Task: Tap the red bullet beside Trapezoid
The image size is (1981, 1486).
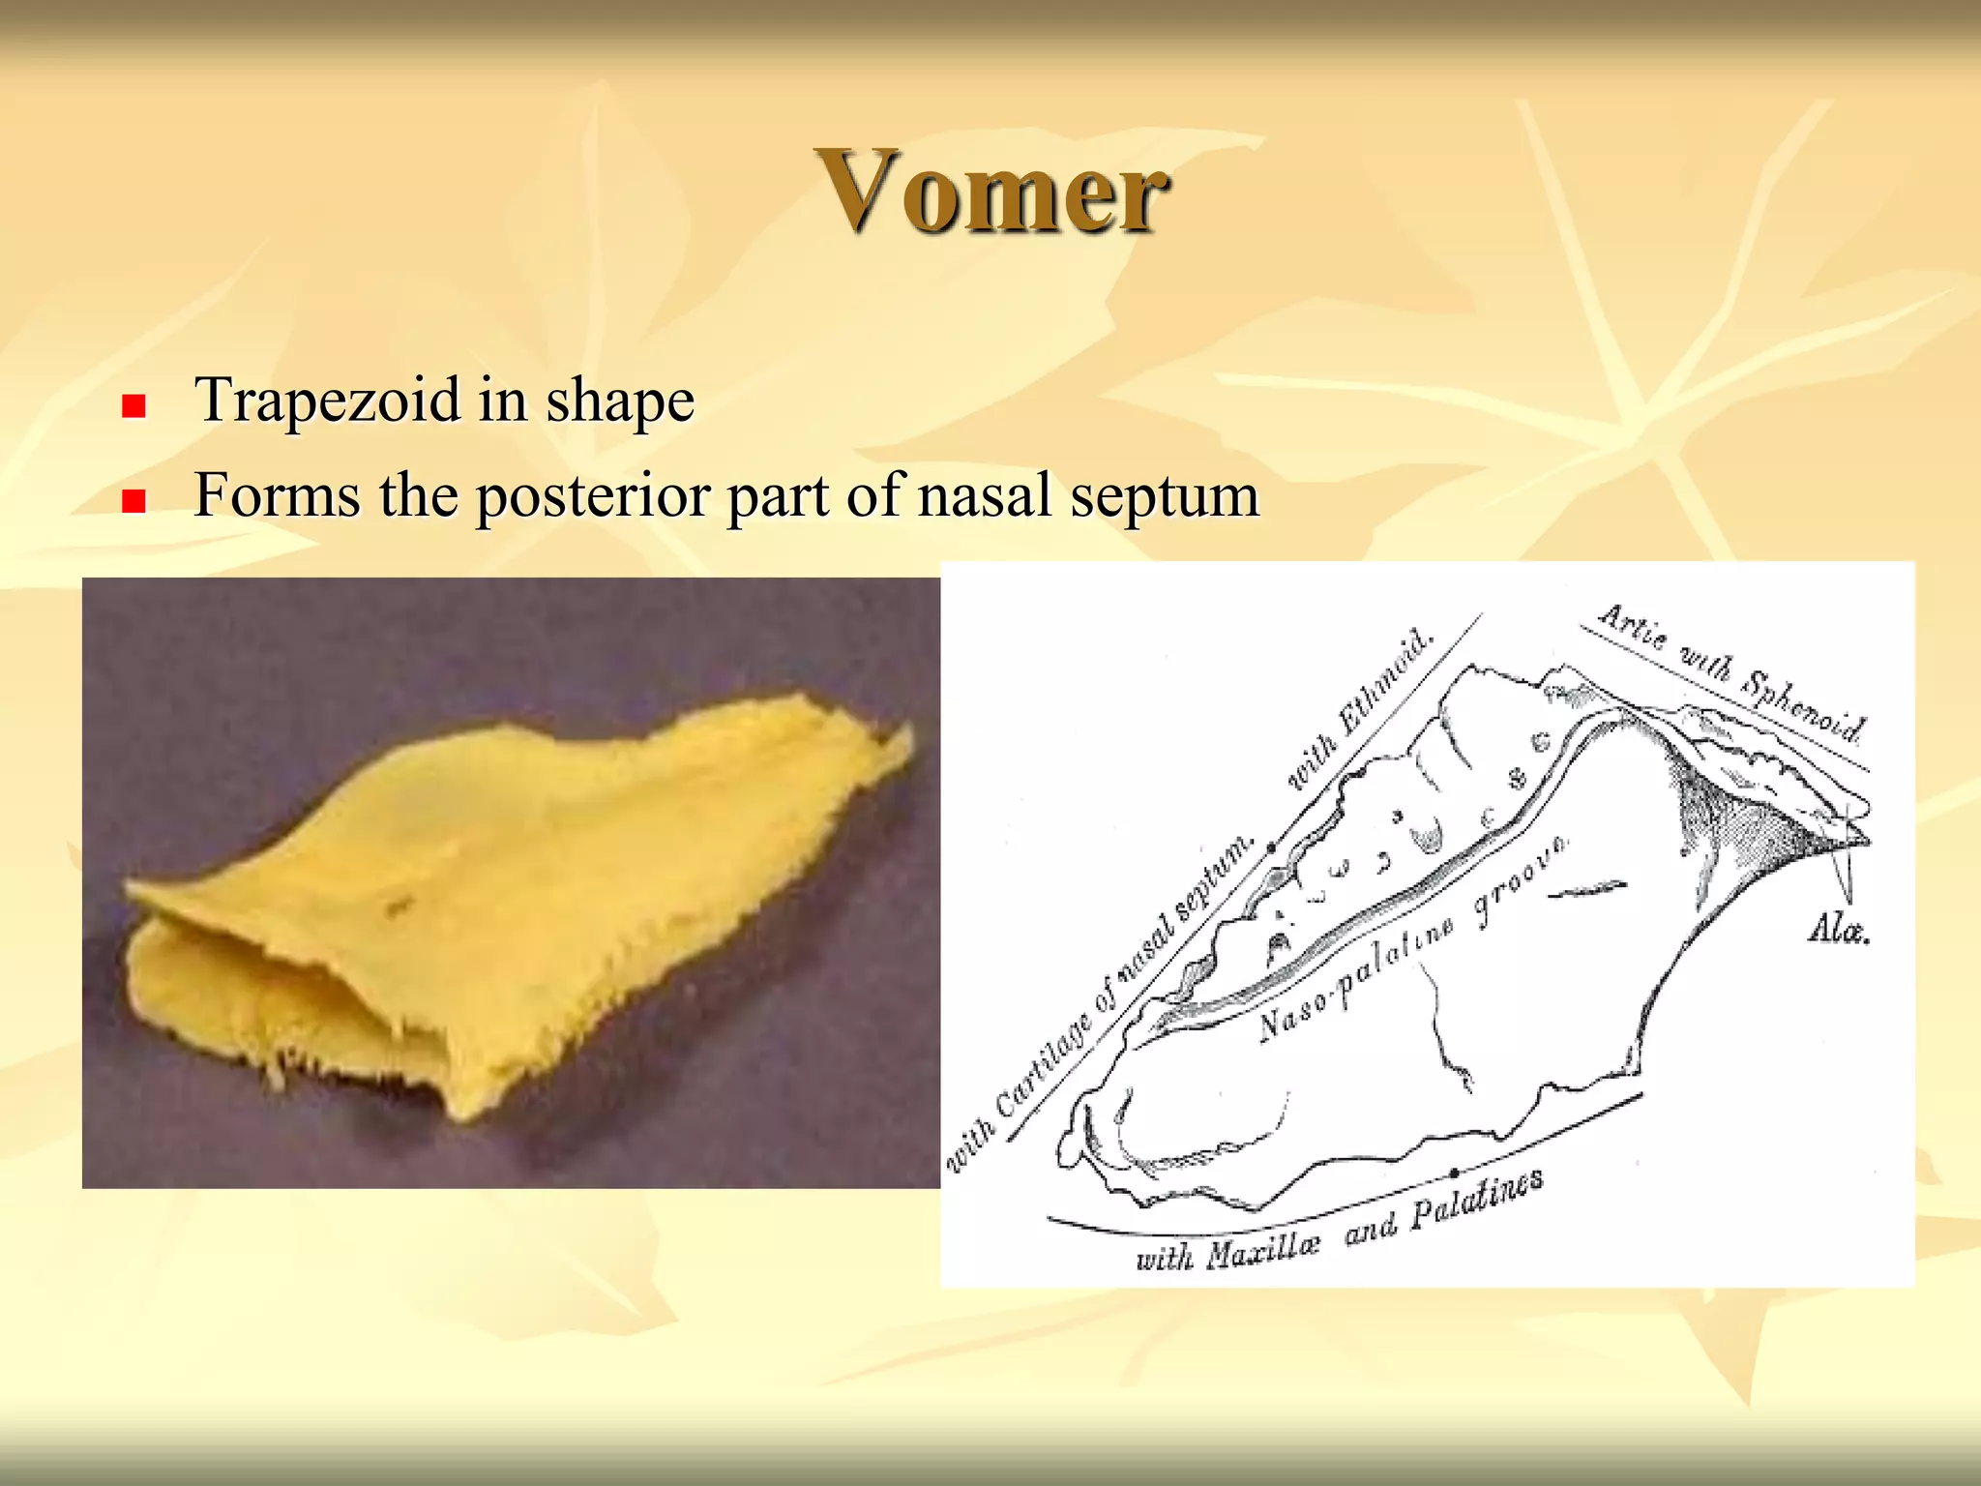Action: [133, 405]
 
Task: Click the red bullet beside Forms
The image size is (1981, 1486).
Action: [133, 500]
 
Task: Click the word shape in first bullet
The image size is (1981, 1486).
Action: [620, 401]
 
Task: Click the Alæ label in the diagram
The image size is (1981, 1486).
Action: [1838, 930]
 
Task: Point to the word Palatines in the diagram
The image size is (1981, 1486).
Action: [1476, 1201]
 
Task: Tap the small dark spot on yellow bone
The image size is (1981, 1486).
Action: [398, 906]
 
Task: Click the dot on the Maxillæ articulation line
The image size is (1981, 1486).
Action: [1454, 1173]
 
